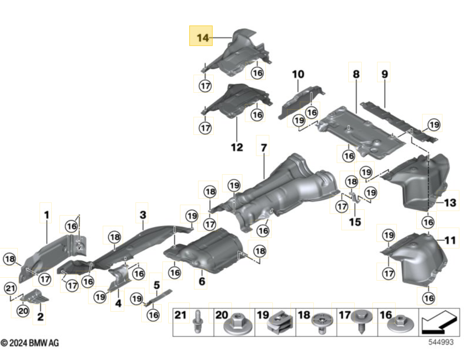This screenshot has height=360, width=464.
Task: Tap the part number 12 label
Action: click(237, 147)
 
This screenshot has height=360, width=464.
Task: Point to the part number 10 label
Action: click(298, 74)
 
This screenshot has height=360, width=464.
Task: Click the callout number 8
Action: click(356, 74)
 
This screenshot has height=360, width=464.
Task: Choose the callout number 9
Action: click(384, 74)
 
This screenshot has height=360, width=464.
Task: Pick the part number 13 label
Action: click(451, 203)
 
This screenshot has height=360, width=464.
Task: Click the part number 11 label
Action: click(451, 240)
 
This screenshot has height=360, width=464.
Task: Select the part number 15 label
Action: click(354, 222)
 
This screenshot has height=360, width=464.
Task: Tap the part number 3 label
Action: click(143, 214)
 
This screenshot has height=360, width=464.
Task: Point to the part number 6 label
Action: click(202, 282)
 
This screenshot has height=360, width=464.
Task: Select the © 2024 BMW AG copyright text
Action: click(30, 343)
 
